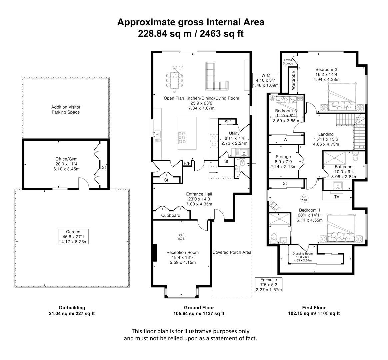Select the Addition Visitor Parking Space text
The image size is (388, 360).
66,110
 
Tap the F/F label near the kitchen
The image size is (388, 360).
187,164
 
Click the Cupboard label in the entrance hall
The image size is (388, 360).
171,215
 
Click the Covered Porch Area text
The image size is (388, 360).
232,252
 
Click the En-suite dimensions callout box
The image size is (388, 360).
268,285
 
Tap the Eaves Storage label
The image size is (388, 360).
288,62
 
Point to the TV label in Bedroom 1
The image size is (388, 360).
337,197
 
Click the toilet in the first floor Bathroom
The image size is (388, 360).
356,156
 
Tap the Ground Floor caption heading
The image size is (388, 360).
199,308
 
